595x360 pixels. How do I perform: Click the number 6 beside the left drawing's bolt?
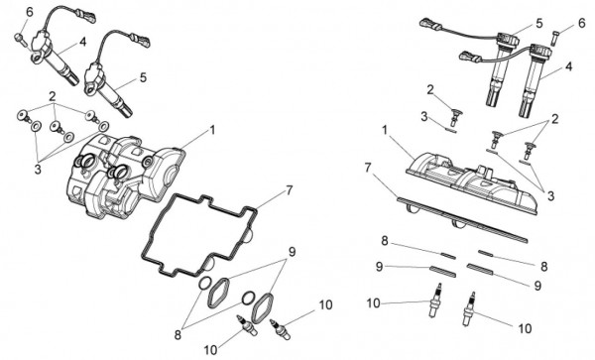click(x=29, y=12)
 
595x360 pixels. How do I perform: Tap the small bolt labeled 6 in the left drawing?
click(x=20, y=38)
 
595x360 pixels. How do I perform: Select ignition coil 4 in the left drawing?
click(x=55, y=58)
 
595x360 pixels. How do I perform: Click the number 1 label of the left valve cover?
click(x=212, y=130)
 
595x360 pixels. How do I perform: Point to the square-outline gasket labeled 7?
click(x=199, y=234)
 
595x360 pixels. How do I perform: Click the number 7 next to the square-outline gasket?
click(x=290, y=190)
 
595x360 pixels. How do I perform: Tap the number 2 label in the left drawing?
click(x=53, y=96)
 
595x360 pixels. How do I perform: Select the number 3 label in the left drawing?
click(x=38, y=170)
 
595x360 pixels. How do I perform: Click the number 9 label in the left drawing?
click(x=292, y=252)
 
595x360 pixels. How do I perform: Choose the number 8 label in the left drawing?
click(x=178, y=335)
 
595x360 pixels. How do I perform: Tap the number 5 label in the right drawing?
click(x=539, y=23)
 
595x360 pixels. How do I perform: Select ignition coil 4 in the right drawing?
click(x=532, y=80)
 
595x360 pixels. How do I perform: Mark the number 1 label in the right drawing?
click(x=385, y=131)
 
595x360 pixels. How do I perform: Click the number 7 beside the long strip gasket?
click(x=367, y=168)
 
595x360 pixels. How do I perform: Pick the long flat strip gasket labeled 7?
click(x=462, y=219)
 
